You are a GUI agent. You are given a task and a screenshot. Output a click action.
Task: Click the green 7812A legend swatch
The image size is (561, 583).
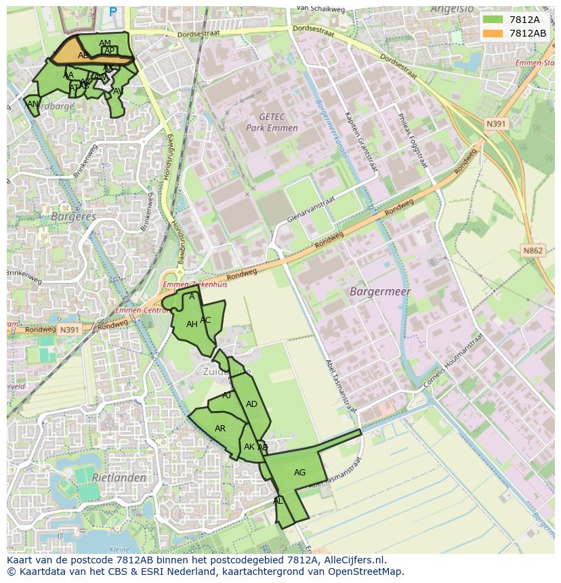[494, 20]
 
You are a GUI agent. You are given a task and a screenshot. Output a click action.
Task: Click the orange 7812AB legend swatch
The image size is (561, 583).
[494, 33]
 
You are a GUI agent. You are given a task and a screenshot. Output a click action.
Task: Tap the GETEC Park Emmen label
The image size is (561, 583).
[272, 123]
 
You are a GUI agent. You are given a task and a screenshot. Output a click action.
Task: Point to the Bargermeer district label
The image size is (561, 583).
[380, 292]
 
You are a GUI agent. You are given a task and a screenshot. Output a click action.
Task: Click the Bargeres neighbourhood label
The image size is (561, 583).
[73, 217]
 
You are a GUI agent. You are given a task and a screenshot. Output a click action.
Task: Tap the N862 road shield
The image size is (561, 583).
[533, 251]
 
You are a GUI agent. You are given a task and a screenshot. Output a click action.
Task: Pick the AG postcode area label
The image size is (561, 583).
[299, 473]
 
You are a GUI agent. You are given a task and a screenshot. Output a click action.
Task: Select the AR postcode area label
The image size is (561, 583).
[220, 429]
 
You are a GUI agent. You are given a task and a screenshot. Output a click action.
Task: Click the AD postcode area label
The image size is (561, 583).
[251, 404]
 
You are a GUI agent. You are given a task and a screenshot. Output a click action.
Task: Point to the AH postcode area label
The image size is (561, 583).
[192, 324]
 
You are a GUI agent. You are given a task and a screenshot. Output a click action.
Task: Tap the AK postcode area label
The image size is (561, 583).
[249, 447]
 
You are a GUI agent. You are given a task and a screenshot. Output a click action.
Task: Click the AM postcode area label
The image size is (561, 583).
[105, 43]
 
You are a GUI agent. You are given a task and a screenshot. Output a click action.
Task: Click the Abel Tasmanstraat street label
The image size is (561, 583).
[339, 387]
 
